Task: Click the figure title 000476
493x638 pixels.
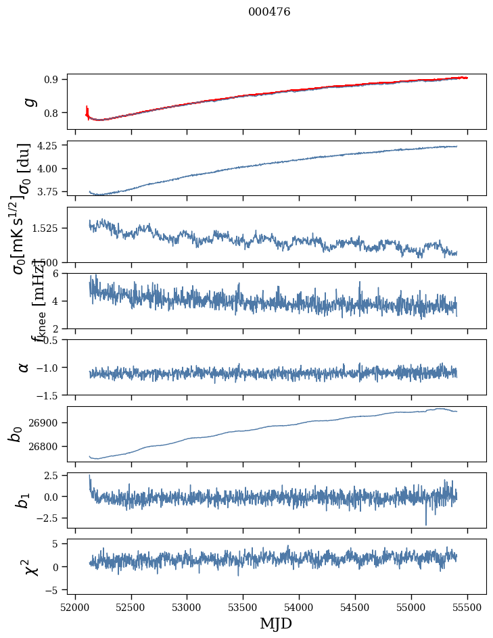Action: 269,11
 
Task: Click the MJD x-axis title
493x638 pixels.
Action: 276,623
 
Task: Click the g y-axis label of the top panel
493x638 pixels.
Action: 29,101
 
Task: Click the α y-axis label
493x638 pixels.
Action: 24,367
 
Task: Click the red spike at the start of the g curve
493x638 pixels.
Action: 87,109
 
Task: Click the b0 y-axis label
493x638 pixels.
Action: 16,433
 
